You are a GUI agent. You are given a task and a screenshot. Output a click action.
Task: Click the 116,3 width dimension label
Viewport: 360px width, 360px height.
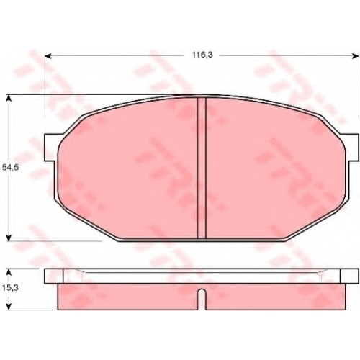(x=202, y=55)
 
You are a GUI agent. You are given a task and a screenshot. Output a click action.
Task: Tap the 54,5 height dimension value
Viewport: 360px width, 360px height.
(x=11, y=168)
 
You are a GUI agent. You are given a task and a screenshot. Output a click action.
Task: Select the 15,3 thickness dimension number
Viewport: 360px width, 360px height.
(x=11, y=288)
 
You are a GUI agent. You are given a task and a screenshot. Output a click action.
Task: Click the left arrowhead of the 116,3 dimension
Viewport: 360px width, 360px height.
(x=48, y=56)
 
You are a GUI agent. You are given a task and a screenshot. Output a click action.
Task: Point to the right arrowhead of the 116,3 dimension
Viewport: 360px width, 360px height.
(x=355, y=56)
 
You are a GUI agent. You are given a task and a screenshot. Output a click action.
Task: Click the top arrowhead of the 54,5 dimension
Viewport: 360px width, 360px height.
(x=9, y=99)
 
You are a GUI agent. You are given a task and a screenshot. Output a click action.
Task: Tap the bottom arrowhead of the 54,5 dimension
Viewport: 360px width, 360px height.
(x=9, y=238)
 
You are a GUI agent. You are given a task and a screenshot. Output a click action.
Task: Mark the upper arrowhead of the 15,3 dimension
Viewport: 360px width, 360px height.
(x=9, y=272)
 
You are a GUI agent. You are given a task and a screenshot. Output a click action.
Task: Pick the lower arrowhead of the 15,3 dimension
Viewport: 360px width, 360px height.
(x=9, y=306)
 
